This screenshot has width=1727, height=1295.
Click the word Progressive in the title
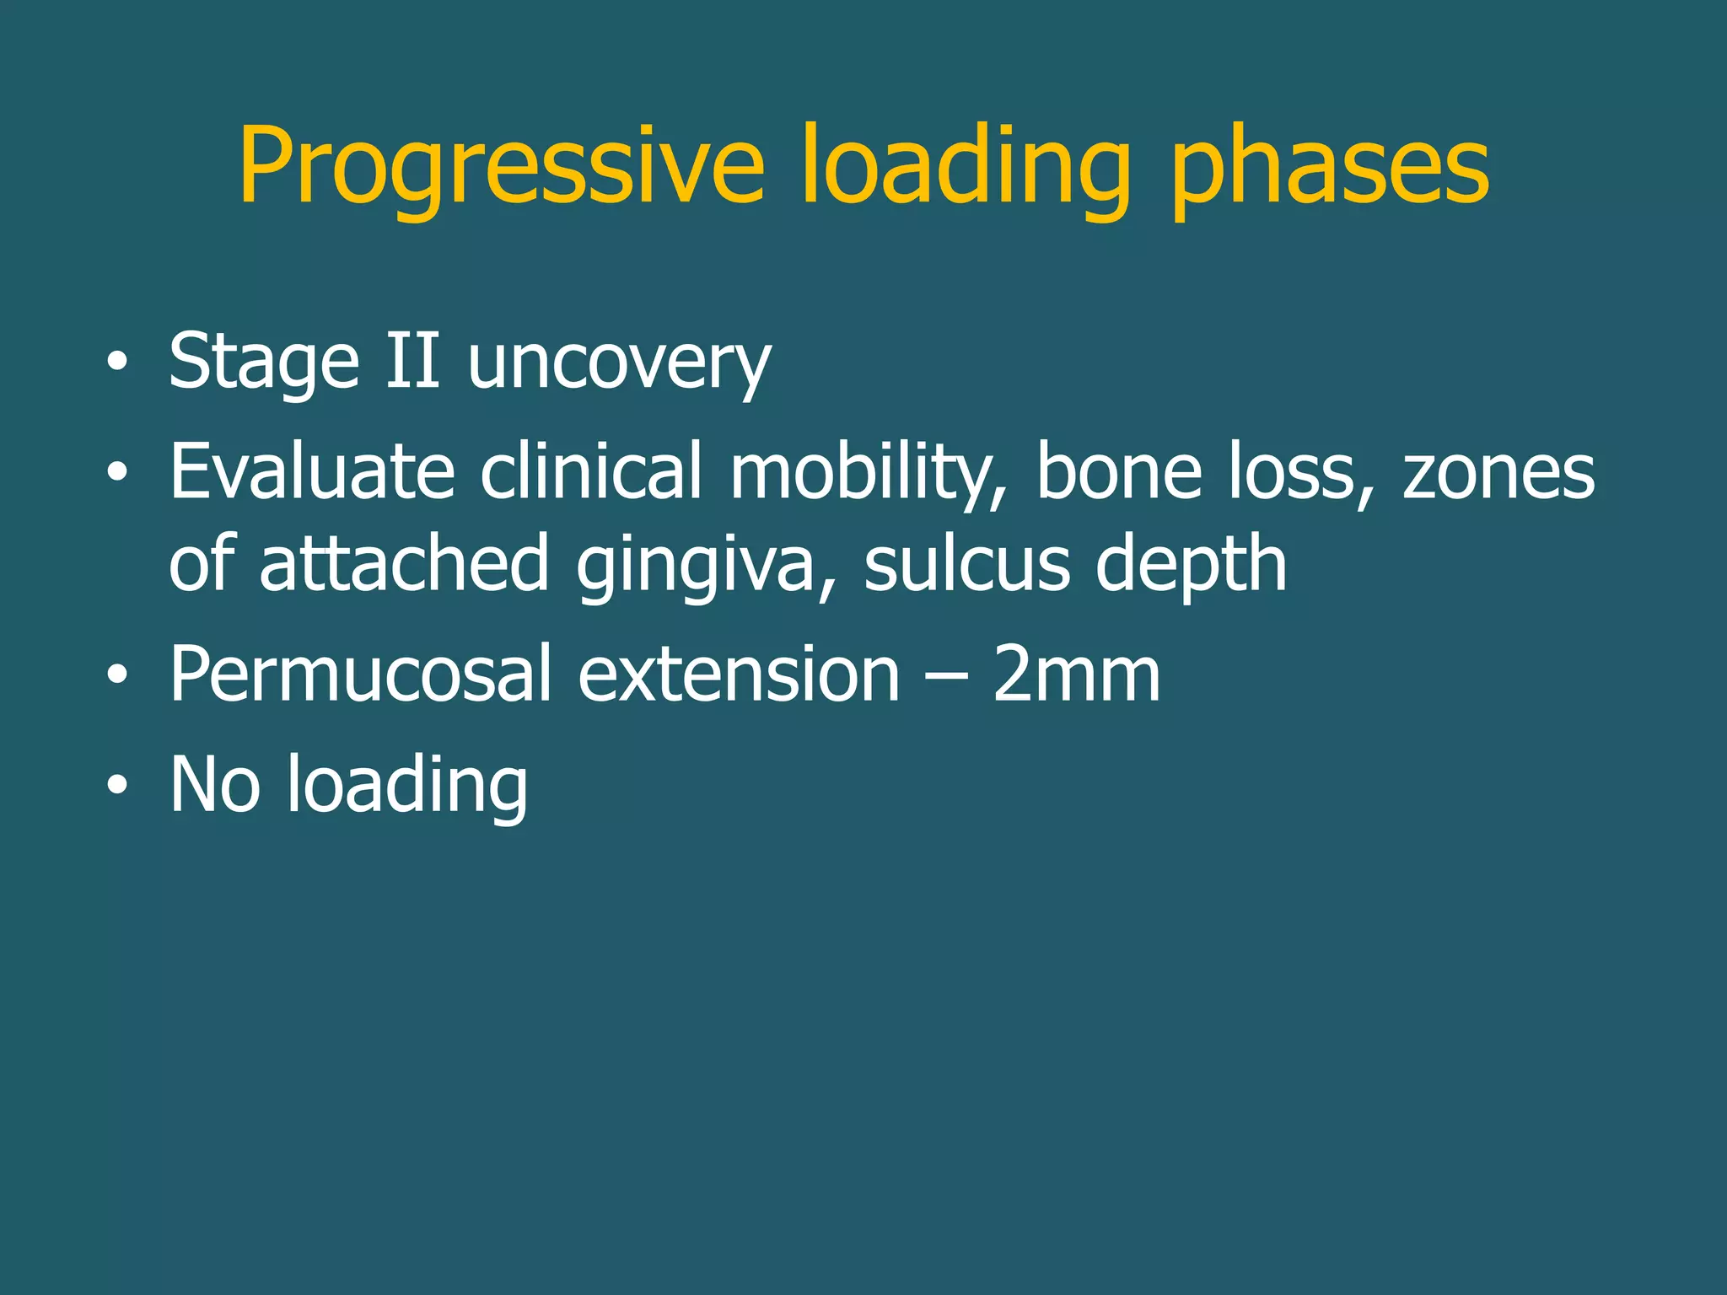pos(501,166)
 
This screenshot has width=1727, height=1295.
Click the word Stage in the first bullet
pos(264,363)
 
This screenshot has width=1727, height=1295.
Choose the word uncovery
pos(619,364)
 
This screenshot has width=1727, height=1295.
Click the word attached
pos(404,563)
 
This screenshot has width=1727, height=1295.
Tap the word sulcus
pos(966,563)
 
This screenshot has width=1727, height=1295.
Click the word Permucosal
pos(360,674)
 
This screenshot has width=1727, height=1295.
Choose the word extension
pos(739,675)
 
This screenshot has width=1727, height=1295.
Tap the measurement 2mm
pos(1076,674)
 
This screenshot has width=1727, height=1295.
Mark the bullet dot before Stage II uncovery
pos(118,363)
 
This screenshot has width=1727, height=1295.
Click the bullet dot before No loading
pos(118,787)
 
